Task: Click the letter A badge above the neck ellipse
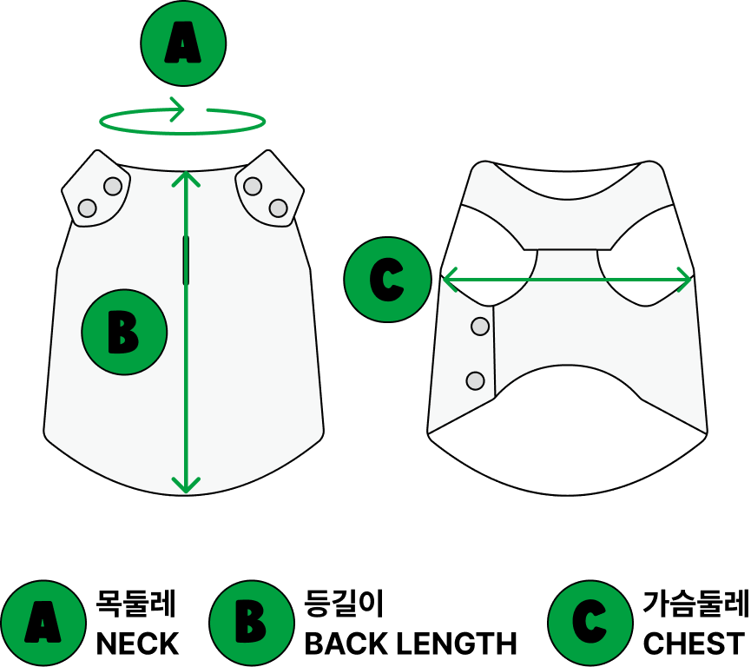point(183,43)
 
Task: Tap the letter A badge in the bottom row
point(43,623)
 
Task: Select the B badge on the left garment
point(124,332)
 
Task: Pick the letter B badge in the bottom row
point(252,623)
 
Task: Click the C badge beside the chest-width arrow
point(387,280)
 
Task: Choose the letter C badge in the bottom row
point(590,623)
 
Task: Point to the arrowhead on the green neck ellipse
point(178,110)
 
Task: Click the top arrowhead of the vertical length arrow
point(186,177)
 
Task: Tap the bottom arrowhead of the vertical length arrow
point(186,485)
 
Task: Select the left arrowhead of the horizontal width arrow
point(449,280)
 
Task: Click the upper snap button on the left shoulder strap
point(113,186)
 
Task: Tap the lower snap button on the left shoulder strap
point(87,208)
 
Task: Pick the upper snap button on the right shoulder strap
point(253,186)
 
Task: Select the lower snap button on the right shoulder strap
point(278,208)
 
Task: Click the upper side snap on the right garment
point(480,327)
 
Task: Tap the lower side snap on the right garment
point(475,380)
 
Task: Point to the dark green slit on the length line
point(186,260)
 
